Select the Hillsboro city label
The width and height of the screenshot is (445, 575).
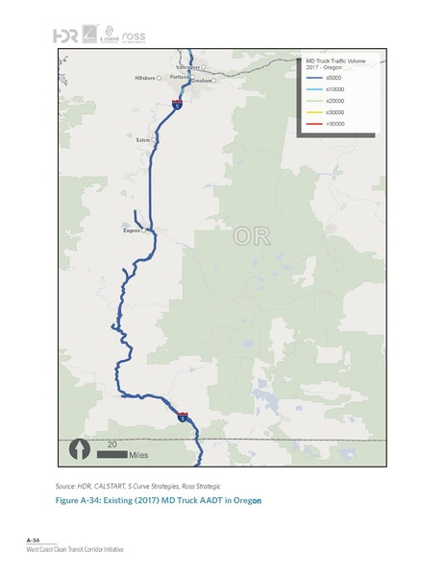144,77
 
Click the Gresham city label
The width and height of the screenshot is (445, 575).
202,82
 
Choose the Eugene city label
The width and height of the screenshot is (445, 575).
134,230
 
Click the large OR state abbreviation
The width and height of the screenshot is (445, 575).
257,236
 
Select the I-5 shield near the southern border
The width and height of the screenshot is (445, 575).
183,416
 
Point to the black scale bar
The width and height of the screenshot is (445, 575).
116,453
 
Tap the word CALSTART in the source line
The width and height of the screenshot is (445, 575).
108,488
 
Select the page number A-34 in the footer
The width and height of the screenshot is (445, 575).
33,541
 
